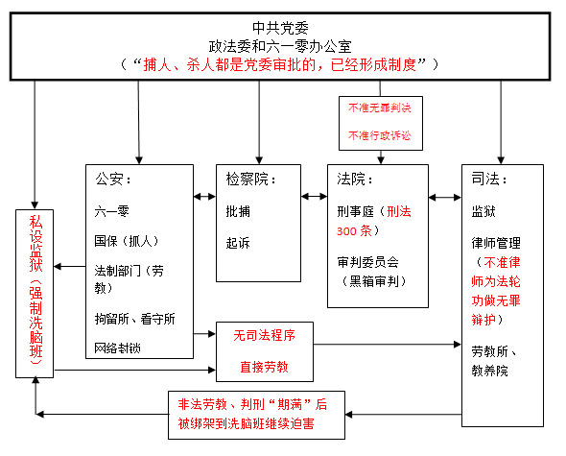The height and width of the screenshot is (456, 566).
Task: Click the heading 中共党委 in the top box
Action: (280, 28)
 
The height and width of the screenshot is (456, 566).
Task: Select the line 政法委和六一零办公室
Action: (280, 46)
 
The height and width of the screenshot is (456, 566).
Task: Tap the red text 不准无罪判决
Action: (380, 108)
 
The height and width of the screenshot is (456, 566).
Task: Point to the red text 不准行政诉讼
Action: (380, 135)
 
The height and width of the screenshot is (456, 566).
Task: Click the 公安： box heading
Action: (113, 179)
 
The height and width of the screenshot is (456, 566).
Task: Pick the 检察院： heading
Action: (251, 179)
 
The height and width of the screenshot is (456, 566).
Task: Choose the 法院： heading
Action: (355, 179)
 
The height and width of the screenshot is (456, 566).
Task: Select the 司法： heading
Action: (489, 179)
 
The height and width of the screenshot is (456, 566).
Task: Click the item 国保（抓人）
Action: (127, 241)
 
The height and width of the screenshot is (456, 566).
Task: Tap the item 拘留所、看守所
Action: (134, 319)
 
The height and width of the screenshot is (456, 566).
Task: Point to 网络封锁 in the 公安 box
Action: (117, 348)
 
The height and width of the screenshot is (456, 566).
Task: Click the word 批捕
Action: (238, 211)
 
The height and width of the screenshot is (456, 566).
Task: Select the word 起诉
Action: (238, 243)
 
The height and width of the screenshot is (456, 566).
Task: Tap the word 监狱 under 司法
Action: (483, 211)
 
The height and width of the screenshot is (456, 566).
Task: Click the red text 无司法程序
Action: (264, 335)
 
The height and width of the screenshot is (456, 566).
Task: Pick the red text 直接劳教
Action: (264, 367)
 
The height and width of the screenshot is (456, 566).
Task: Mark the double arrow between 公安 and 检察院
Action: (204, 197)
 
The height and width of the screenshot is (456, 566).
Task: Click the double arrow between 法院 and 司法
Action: (445, 198)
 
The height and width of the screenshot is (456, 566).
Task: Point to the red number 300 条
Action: (354, 231)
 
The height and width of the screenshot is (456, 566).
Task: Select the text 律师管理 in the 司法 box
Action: (496, 243)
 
